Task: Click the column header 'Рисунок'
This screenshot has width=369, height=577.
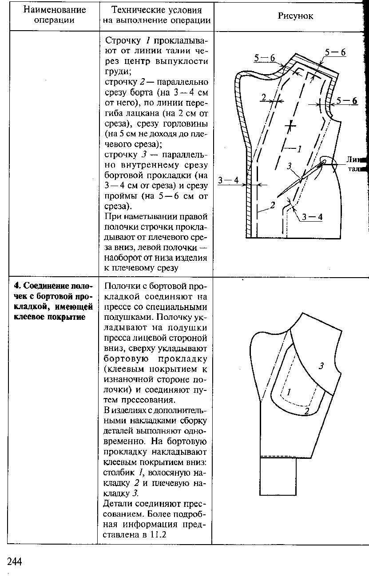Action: click(295, 16)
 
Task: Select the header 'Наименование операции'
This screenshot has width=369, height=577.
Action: click(54, 15)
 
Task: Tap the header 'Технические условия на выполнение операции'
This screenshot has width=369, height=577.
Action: click(157, 15)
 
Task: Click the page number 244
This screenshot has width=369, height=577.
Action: click(15, 561)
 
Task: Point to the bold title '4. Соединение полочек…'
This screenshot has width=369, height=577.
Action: click(53, 301)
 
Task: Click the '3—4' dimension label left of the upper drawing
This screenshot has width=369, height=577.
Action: click(228, 180)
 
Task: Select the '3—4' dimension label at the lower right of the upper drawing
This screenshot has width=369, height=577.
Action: click(312, 217)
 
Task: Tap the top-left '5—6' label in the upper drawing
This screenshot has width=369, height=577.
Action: click(265, 58)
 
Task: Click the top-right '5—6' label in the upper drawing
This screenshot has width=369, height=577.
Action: click(335, 52)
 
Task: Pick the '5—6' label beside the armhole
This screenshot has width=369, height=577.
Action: click(347, 101)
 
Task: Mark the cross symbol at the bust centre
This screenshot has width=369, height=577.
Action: click(290, 126)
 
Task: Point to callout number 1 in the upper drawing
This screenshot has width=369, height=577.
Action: click(299, 149)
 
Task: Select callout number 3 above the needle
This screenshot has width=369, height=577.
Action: click(290, 166)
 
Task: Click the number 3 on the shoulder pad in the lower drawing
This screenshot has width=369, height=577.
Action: click(321, 366)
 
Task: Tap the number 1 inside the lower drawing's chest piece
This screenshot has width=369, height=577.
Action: click(289, 392)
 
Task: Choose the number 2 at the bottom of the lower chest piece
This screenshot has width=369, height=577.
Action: click(306, 411)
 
